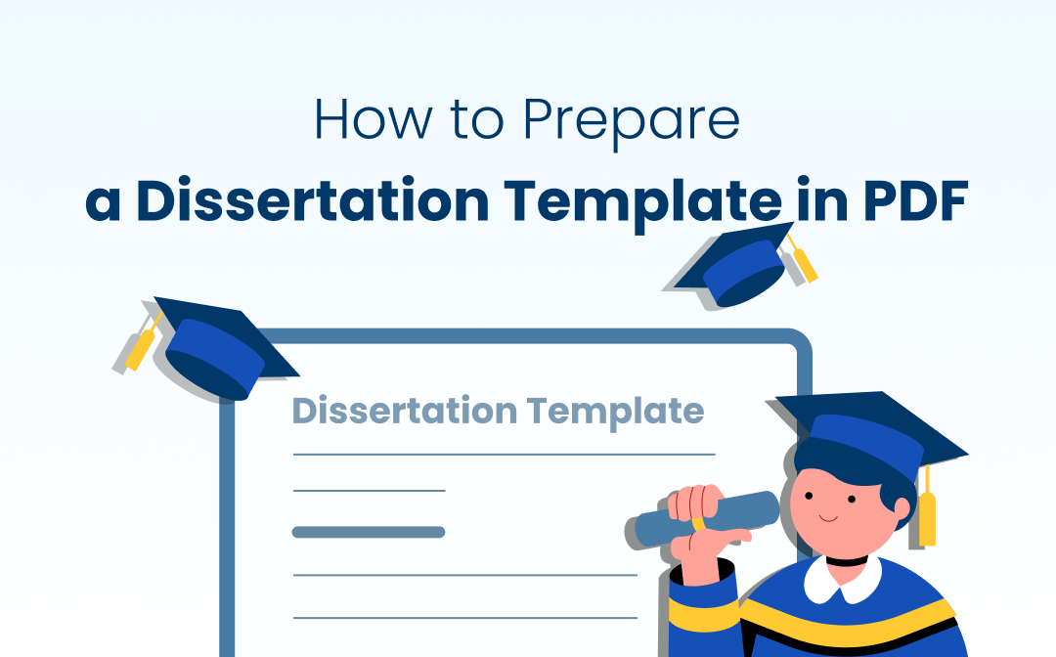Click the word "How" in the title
[x=373, y=119]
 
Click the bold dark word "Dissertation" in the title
[x=313, y=199]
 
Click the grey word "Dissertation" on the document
[x=405, y=411]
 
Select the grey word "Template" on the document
[x=616, y=413]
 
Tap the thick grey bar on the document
[x=369, y=533]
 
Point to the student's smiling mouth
[x=828, y=518]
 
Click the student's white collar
[x=843, y=581]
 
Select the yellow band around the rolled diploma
[x=698, y=520]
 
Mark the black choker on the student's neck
[x=847, y=559]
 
